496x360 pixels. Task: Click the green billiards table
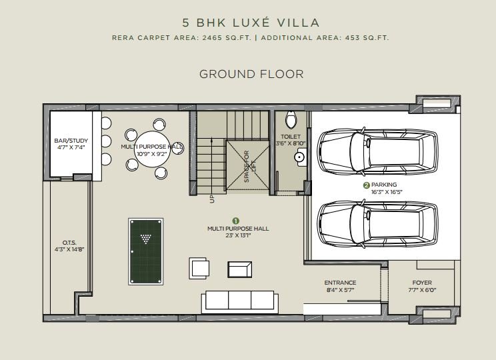click(146, 251)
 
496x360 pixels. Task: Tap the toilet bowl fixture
click(291, 119)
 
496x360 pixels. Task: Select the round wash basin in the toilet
click(299, 157)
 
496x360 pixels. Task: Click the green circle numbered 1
click(235, 221)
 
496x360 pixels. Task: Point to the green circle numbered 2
click(367, 185)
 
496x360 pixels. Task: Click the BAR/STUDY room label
click(71, 141)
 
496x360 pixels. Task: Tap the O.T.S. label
click(69, 243)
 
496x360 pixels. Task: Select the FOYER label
click(422, 283)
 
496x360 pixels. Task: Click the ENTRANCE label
click(340, 283)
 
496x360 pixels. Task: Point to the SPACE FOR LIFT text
click(250, 167)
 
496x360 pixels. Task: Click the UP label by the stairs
click(212, 199)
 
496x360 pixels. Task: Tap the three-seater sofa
click(240, 302)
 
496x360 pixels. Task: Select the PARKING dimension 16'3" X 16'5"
click(387, 192)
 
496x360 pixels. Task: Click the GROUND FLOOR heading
click(251, 74)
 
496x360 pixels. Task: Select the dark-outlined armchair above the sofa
click(240, 269)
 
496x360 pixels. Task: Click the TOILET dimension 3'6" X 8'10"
click(291, 143)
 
